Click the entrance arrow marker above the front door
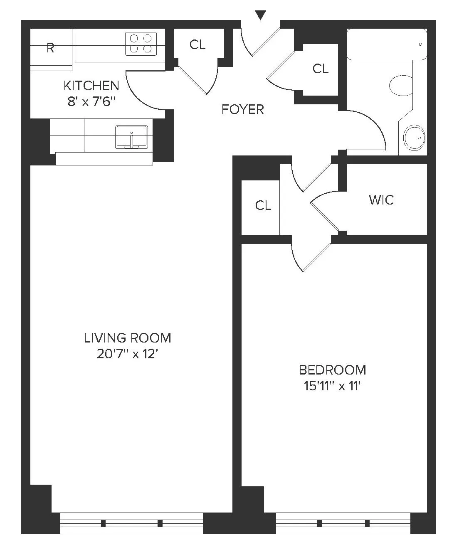click(x=260, y=15)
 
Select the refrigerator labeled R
click(x=51, y=48)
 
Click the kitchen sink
click(x=131, y=136)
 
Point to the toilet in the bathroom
click(x=400, y=85)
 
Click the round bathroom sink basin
click(x=415, y=137)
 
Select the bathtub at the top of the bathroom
click(x=387, y=44)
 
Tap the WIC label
click(x=381, y=200)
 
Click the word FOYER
click(x=243, y=109)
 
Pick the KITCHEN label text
click(x=91, y=86)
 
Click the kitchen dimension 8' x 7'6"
click(x=91, y=101)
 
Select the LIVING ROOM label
click(x=128, y=338)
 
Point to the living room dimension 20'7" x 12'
click(x=128, y=354)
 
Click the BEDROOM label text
click(x=333, y=370)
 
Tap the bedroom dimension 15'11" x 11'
click(x=332, y=386)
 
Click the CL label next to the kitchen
click(x=197, y=44)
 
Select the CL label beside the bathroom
click(x=321, y=69)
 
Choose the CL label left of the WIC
click(x=263, y=205)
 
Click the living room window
click(x=132, y=523)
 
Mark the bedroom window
click(x=343, y=523)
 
